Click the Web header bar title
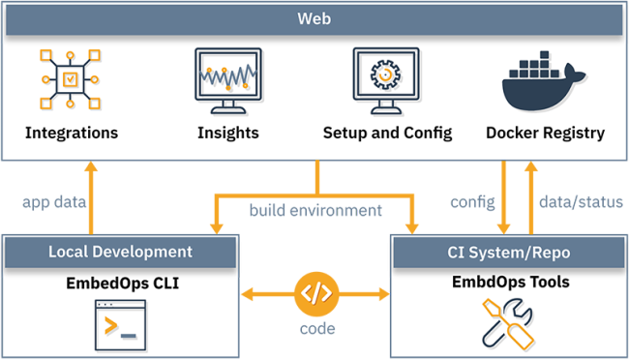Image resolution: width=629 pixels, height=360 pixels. point(314,18)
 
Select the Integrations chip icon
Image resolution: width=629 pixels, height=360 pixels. point(72,81)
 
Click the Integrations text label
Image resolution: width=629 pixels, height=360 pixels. point(72,133)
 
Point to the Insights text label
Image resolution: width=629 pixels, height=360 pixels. point(229,133)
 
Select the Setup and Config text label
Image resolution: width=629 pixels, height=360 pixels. point(387,133)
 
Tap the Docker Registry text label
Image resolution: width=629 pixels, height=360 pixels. point(546,133)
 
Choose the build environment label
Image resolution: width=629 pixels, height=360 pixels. point(315,209)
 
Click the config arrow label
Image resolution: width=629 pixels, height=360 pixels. point(472,202)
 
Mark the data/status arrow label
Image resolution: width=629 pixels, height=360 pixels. point(580,202)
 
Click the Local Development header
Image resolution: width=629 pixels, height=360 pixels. point(121,252)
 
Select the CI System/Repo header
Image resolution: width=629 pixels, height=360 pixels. point(508,252)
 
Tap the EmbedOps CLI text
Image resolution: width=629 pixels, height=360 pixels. point(121,285)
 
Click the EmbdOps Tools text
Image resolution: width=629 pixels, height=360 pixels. point(508,283)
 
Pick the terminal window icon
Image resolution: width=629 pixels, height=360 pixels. point(120,324)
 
